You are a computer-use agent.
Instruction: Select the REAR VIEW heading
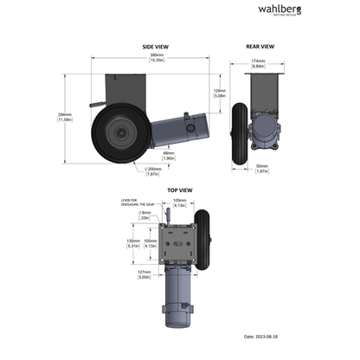coord(260,47)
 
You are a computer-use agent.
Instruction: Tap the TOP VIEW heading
coord(179,190)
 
